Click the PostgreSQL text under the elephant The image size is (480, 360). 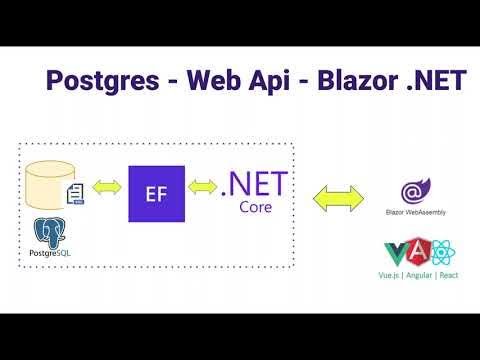tap(50, 262)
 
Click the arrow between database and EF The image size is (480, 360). tap(106, 186)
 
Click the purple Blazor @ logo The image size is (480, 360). tap(411, 191)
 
